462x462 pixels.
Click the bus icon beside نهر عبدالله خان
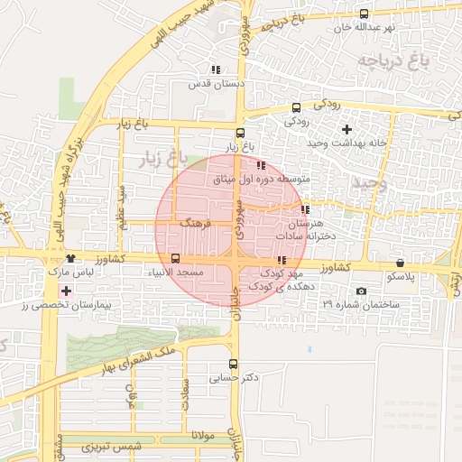[364, 14]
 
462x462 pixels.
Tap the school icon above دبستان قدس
[215, 69]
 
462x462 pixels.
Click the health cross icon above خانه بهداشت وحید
[346, 129]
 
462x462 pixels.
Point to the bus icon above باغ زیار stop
[239, 134]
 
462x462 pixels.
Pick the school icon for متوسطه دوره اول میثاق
[261, 165]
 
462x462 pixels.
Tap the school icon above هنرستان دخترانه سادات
[305, 209]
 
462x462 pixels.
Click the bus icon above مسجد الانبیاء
[175, 257]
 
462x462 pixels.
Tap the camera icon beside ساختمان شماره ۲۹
[362, 291]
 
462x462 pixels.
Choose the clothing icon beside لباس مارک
[70, 258]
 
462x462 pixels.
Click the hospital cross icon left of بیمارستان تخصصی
[65, 291]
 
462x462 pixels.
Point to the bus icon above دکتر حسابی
[234, 365]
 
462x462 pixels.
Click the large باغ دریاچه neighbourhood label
[391, 61]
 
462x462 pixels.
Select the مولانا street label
[201, 435]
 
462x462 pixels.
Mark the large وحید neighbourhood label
[369, 183]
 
